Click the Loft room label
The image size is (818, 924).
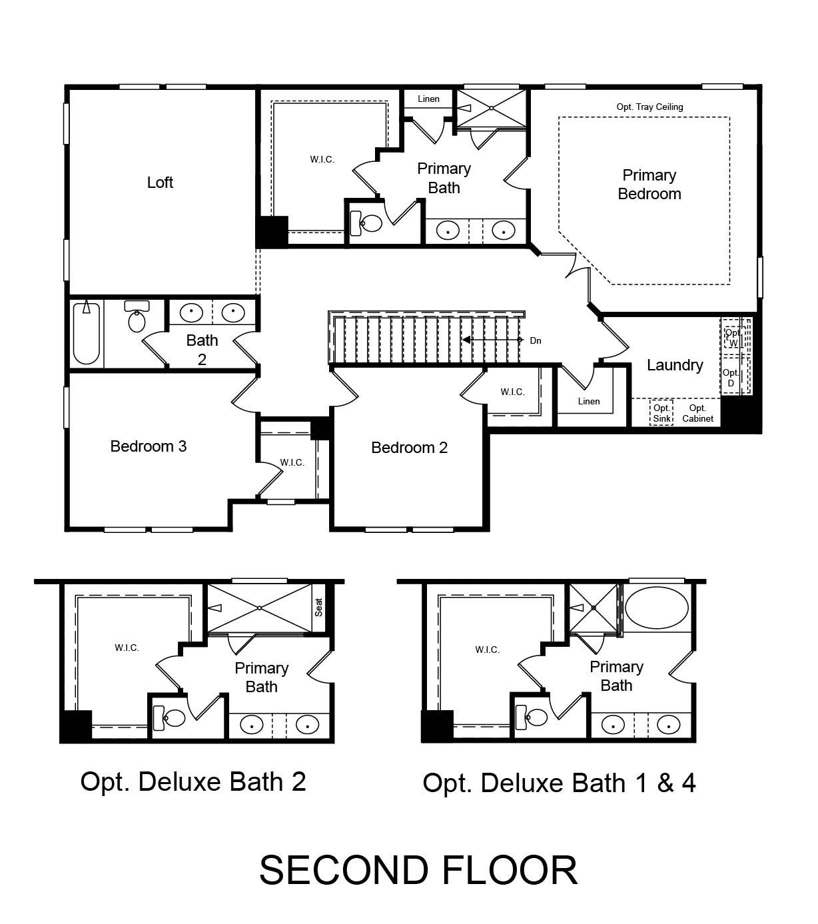tap(160, 183)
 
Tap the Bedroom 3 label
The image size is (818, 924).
tap(148, 446)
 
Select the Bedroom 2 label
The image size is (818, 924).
tap(409, 448)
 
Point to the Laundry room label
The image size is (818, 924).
tap(675, 365)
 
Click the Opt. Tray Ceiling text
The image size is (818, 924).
tap(649, 107)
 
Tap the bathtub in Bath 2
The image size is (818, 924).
tap(86, 333)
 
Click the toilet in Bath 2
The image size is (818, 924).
tap(137, 316)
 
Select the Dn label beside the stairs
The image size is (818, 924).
tap(536, 340)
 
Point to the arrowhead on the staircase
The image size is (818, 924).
tap(466, 340)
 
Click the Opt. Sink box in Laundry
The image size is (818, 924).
tap(661, 412)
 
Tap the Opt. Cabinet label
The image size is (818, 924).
tap(697, 413)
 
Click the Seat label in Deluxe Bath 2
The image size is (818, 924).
tap(318, 608)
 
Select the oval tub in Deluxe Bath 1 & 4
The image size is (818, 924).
tap(656, 608)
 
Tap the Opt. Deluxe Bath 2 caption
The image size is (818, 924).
tap(193, 781)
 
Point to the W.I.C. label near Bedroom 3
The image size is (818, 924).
tap(292, 462)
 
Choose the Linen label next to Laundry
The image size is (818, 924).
tap(589, 401)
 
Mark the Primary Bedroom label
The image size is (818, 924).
tap(649, 185)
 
